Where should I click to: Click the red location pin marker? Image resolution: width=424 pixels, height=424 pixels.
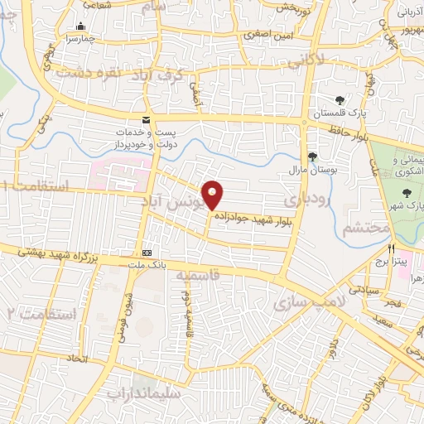click(214, 194)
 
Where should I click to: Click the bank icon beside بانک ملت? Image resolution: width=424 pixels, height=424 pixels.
click(147, 252)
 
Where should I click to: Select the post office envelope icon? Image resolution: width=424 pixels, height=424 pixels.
click(147, 121)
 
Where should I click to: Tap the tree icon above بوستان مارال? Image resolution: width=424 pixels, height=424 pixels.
click(312, 157)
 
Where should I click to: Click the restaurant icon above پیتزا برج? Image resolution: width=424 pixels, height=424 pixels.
click(391, 248)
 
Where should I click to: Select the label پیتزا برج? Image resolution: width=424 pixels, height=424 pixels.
click(392, 261)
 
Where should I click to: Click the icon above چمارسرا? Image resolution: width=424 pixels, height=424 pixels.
click(80, 26)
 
